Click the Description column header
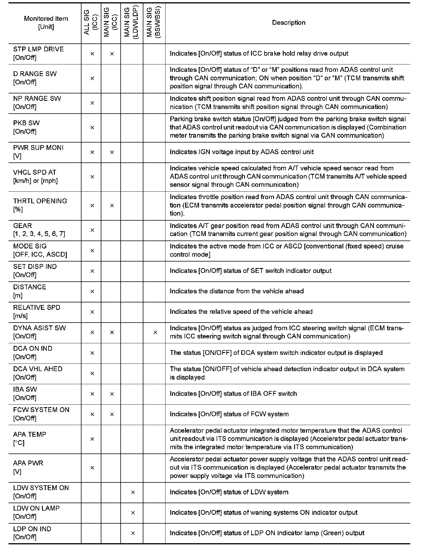click(x=288, y=23)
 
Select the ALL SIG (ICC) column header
click(x=91, y=23)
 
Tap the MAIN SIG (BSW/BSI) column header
click(x=154, y=23)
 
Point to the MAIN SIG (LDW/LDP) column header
click(x=131, y=23)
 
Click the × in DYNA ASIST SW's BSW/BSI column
click(x=155, y=332)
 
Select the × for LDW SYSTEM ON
click(x=133, y=492)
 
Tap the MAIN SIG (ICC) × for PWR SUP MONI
click(x=112, y=152)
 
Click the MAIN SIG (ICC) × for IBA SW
click(x=112, y=394)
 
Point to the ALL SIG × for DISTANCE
click(x=92, y=291)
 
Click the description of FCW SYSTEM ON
click(x=229, y=414)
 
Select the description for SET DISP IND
click(x=250, y=271)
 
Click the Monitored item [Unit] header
click(x=46, y=23)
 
